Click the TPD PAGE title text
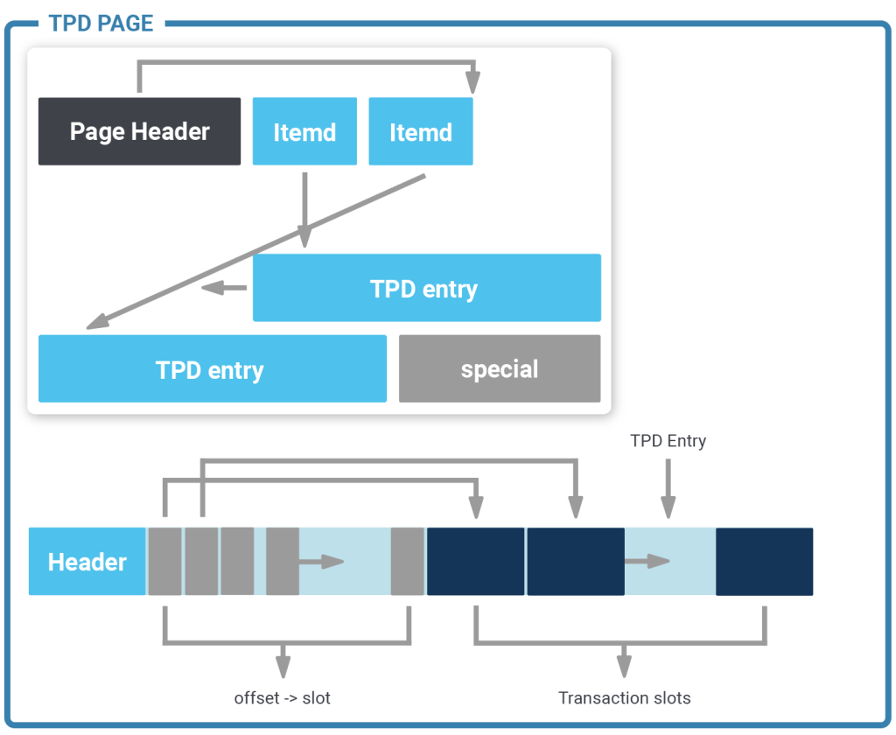click(101, 24)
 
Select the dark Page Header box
click(139, 131)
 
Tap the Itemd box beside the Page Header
click(304, 131)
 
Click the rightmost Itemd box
click(421, 131)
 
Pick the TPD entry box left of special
click(213, 368)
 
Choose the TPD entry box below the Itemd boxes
click(427, 288)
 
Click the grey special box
click(500, 368)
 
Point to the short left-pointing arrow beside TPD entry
click(224, 288)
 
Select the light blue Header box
click(87, 561)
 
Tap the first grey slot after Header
click(165, 561)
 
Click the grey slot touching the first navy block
click(408, 561)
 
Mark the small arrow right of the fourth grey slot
click(322, 562)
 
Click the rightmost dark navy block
click(765, 561)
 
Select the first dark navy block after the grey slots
click(475, 561)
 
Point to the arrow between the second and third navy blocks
click(647, 561)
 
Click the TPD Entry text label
click(668, 441)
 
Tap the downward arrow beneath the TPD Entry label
click(668, 488)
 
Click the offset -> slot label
click(283, 698)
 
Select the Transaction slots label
click(625, 698)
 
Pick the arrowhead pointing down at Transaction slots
click(624, 667)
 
